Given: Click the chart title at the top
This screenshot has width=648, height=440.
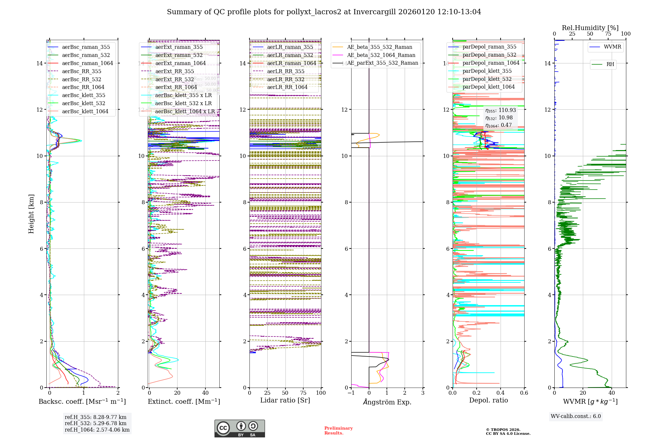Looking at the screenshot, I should (x=324, y=12).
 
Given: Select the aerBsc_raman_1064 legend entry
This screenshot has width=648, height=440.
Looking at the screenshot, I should (x=87, y=63).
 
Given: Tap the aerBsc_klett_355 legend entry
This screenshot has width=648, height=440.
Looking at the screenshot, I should (x=83, y=95).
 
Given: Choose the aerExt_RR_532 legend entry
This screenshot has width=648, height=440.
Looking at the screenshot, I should (x=174, y=79).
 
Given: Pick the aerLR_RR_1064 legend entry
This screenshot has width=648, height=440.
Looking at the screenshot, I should (x=287, y=87).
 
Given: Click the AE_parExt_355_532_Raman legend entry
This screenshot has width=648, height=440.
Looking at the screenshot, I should (x=382, y=63).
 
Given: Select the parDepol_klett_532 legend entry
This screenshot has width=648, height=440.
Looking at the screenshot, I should (x=487, y=79).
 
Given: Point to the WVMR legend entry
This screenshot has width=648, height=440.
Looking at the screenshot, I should (x=612, y=47).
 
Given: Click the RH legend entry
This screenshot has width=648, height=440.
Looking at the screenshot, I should (x=610, y=64).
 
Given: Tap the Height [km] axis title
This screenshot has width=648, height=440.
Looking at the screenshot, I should (x=31, y=214).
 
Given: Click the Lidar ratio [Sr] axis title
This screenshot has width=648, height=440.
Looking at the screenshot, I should (x=285, y=400).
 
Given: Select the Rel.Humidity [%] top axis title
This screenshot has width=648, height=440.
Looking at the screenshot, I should (x=590, y=28).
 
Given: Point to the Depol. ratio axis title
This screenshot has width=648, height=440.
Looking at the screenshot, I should (x=488, y=400).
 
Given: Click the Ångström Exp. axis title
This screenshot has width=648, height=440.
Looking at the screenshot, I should (x=387, y=402).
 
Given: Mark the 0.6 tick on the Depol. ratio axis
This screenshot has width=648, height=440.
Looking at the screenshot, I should (x=524, y=393).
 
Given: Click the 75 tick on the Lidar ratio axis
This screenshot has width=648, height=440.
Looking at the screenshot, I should (x=303, y=393).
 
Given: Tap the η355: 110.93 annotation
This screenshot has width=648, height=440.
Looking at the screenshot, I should (x=500, y=110).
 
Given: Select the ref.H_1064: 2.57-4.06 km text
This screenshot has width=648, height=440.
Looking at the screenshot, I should (x=97, y=430).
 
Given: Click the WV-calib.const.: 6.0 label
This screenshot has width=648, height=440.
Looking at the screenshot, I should (x=575, y=416).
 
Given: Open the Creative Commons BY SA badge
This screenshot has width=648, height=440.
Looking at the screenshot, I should (x=239, y=428).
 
